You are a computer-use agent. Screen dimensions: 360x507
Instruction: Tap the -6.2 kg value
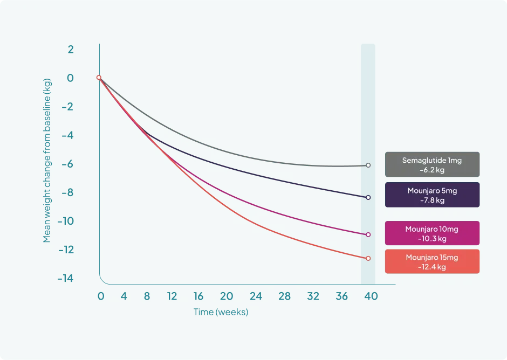pos(432,170)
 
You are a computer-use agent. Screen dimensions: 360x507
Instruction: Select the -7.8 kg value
pos(432,200)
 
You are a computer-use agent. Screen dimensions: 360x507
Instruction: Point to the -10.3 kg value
pos(432,239)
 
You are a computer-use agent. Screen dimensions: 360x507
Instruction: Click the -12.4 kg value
pos(432,267)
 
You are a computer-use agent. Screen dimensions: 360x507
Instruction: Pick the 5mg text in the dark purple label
pos(448,191)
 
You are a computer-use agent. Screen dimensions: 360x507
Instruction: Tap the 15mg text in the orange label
pos(449,258)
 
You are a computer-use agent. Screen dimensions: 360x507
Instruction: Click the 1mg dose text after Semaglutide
pos(455,161)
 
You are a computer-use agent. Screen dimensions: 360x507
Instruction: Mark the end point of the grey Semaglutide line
pos(368,165)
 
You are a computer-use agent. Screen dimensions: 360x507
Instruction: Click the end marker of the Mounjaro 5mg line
pos(368,197)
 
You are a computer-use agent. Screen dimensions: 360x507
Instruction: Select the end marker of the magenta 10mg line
pos(368,234)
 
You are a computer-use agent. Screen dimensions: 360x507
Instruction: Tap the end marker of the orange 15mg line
pos(368,258)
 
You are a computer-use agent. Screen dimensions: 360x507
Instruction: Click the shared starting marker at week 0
pos(99,77)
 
